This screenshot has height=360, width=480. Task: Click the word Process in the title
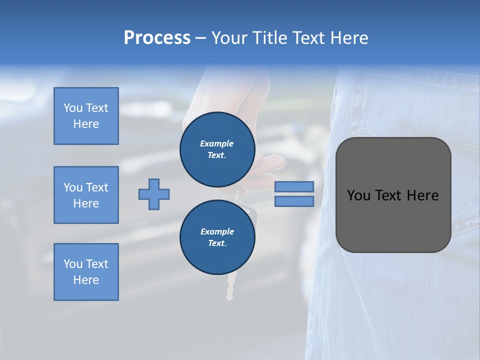tap(157, 38)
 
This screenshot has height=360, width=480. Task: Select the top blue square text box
tap(86, 116)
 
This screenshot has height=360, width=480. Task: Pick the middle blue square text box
tap(86, 195)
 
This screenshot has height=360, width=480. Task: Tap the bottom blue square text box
tap(86, 272)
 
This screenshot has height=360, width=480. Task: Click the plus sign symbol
tap(154, 194)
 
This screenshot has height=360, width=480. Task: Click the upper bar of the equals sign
tap(294, 186)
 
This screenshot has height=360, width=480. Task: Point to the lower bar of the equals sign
tap(294, 201)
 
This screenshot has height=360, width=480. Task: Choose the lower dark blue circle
tap(217, 237)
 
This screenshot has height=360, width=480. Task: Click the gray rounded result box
tap(393, 194)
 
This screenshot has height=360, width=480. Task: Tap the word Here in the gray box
tap(422, 195)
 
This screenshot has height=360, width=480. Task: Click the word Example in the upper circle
tap(217, 143)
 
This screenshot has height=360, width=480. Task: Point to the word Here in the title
tap(350, 38)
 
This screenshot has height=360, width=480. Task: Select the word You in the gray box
tap(359, 195)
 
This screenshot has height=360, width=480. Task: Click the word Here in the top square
tap(86, 124)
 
